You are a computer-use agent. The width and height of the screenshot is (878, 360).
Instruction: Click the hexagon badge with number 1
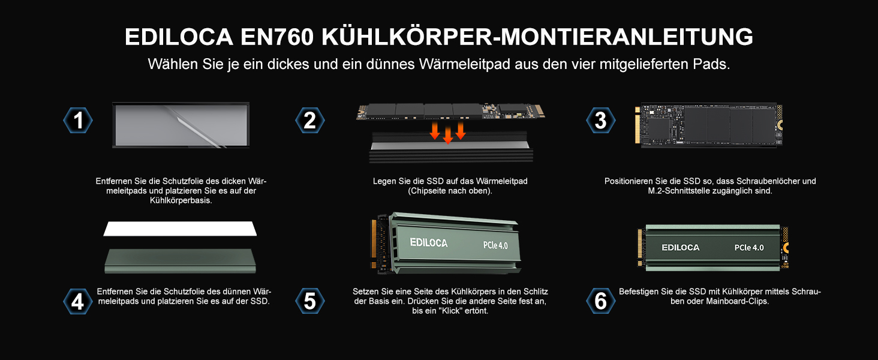tap(78, 121)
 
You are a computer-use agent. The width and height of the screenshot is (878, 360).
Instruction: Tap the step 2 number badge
tap(310, 121)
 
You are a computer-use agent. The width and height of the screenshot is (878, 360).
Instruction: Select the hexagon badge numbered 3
tap(600, 121)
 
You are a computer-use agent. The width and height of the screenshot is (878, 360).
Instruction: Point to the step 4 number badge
tap(78, 301)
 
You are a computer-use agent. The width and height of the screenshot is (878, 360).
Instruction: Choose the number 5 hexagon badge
tap(310, 301)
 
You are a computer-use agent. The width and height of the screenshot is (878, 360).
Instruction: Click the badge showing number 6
tap(600, 301)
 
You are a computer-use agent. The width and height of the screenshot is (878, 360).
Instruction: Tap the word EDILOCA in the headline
tap(179, 37)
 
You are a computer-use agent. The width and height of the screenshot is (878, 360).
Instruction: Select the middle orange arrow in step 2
tap(447, 135)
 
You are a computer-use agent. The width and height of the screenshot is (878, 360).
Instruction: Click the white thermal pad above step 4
tap(181, 229)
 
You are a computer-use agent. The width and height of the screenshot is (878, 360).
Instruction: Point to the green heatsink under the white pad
tap(180, 259)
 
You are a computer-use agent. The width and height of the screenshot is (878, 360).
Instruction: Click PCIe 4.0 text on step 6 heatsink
tap(749, 248)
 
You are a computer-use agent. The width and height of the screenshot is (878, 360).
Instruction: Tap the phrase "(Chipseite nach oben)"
tap(450, 191)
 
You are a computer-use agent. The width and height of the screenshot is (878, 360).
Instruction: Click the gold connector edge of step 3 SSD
tap(638, 125)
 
